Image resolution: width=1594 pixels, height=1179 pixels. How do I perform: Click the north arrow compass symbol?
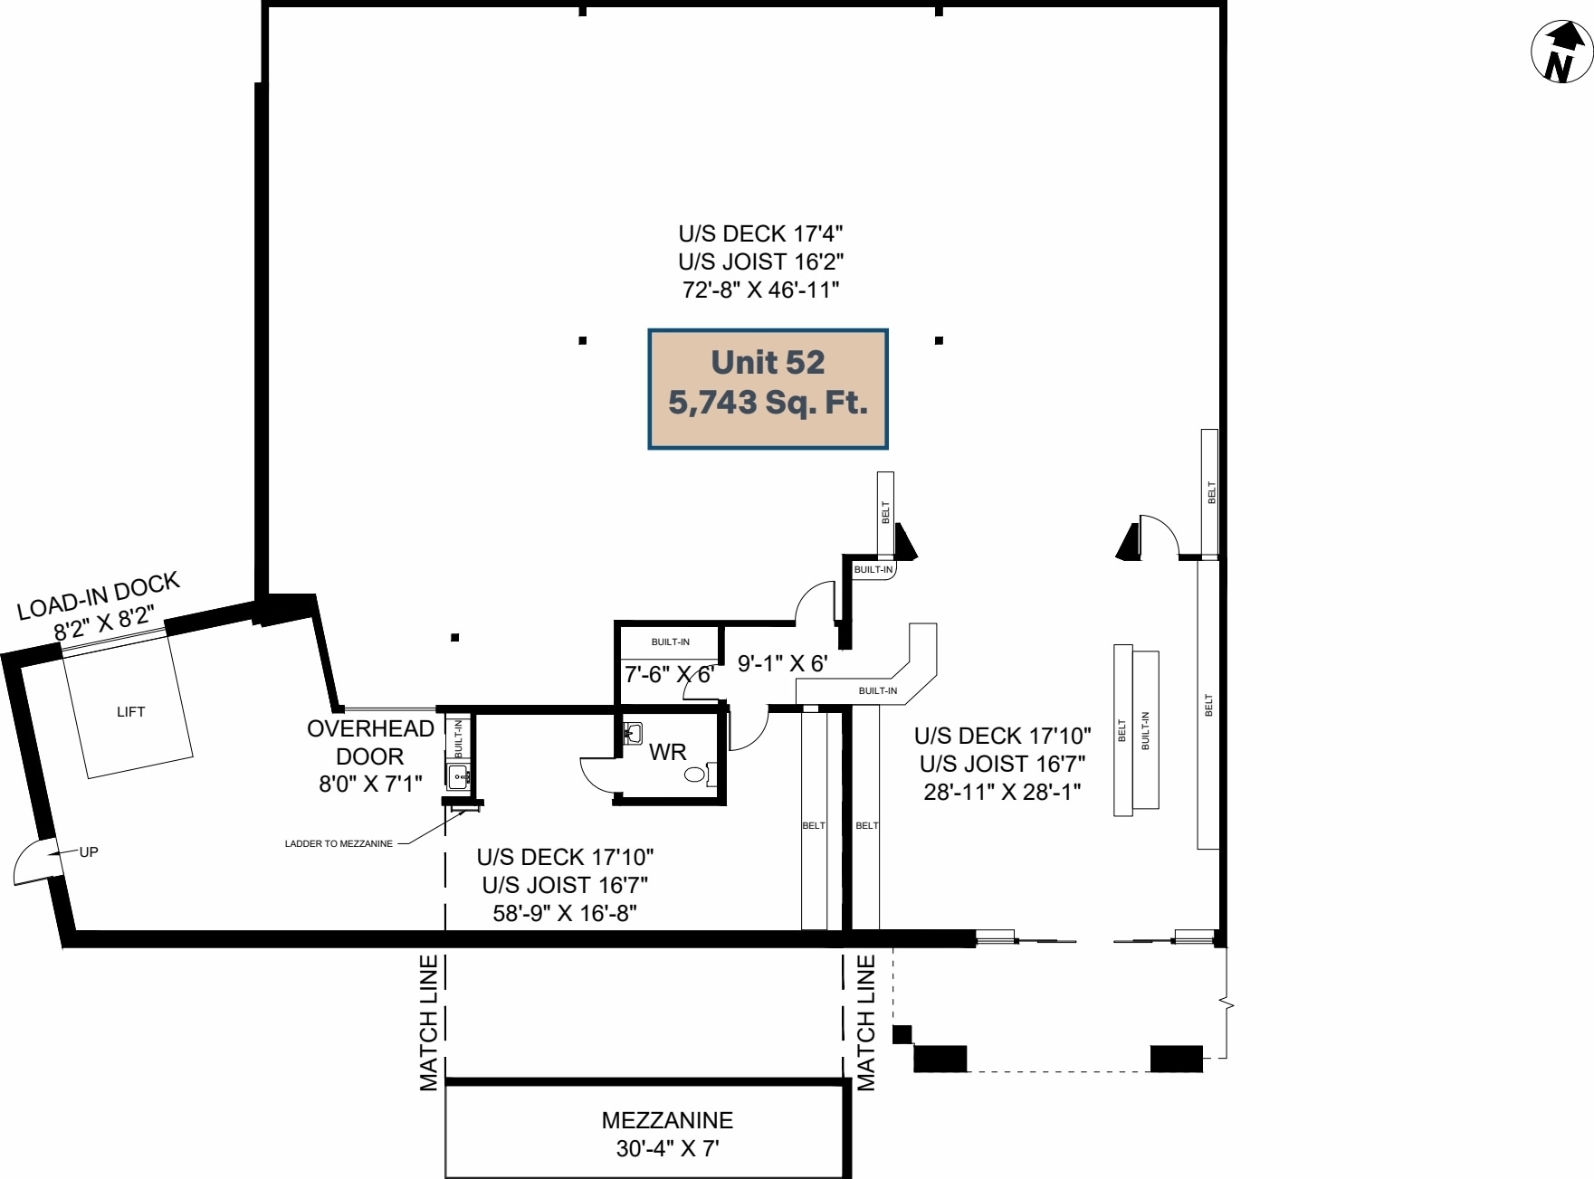(x=1561, y=52)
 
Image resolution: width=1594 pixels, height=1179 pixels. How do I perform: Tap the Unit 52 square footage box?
(x=768, y=389)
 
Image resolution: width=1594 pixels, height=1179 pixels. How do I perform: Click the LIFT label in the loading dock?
(x=130, y=712)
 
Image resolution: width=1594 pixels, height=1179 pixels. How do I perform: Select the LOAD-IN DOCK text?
(x=98, y=596)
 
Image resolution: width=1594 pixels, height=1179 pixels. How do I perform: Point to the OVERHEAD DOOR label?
(x=370, y=742)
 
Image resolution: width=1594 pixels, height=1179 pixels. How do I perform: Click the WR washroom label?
(x=667, y=752)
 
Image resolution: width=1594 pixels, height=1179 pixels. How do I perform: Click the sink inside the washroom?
(x=634, y=732)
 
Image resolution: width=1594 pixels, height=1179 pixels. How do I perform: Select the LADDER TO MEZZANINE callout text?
(x=339, y=843)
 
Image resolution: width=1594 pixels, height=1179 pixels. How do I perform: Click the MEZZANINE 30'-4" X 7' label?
(x=667, y=1134)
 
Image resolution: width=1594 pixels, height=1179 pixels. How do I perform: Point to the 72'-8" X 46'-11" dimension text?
(x=760, y=290)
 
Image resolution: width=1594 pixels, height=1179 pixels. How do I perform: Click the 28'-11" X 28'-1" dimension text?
(x=1002, y=792)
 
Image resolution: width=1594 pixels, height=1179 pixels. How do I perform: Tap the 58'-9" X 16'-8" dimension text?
(x=565, y=913)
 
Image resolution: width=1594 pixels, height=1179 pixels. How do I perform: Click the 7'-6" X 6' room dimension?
(x=669, y=674)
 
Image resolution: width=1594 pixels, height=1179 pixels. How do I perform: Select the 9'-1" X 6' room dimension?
(x=782, y=664)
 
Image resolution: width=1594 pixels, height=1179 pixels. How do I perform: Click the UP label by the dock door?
(x=89, y=851)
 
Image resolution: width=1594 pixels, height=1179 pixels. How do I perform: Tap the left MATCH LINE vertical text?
(x=429, y=1022)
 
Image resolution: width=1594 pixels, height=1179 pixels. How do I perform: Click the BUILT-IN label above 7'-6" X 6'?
(x=670, y=642)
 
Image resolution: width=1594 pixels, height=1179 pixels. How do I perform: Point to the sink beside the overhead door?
(x=458, y=775)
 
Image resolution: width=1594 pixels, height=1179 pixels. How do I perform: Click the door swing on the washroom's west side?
(x=597, y=775)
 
